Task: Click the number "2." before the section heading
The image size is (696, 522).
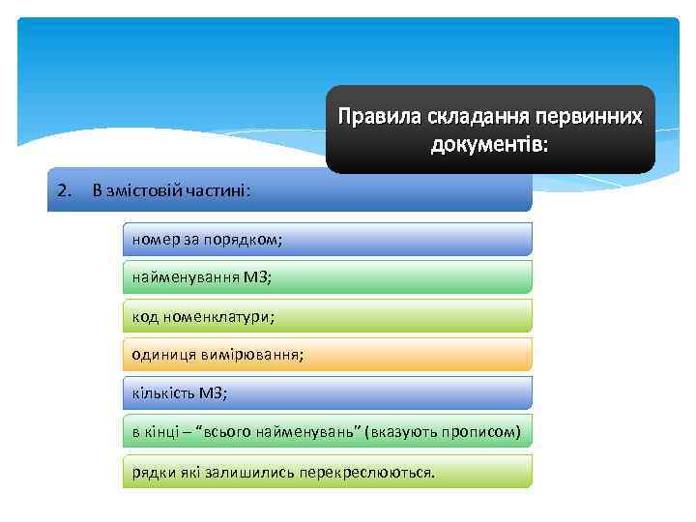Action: [65, 189]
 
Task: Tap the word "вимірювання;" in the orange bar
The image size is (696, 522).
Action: [251, 354]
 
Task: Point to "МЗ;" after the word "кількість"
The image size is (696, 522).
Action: [214, 392]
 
